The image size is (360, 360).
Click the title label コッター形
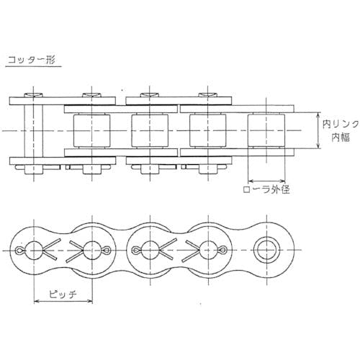(x=32, y=60)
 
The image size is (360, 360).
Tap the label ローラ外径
(x=266, y=189)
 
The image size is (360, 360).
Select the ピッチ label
(x=63, y=294)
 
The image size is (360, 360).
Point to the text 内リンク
(x=341, y=125)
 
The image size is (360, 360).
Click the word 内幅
(x=341, y=138)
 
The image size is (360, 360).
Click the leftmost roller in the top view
(x=91, y=130)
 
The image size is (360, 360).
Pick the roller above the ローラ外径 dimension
(x=266, y=130)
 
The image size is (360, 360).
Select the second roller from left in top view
(x=150, y=130)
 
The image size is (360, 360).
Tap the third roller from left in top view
(x=208, y=130)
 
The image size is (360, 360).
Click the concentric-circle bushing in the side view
(x=266, y=251)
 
